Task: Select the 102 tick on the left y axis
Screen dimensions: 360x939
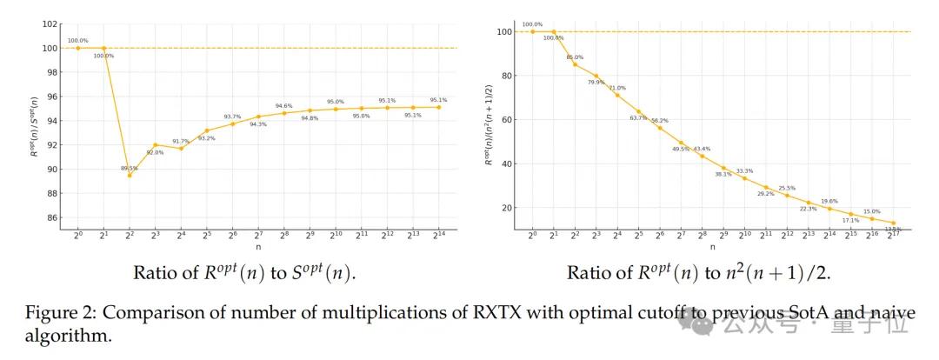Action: (51, 24)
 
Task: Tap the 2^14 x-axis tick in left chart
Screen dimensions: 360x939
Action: (439, 236)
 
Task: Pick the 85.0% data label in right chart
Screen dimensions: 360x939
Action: (575, 57)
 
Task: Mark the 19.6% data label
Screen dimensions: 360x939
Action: (829, 201)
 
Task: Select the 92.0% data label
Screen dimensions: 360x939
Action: (155, 152)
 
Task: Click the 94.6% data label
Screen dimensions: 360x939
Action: (284, 105)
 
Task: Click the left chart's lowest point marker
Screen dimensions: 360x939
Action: (130, 175)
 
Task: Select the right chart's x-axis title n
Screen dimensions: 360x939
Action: (712, 247)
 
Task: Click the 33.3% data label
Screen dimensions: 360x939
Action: (745, 171)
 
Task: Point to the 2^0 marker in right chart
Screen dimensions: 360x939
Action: (532, 31)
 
